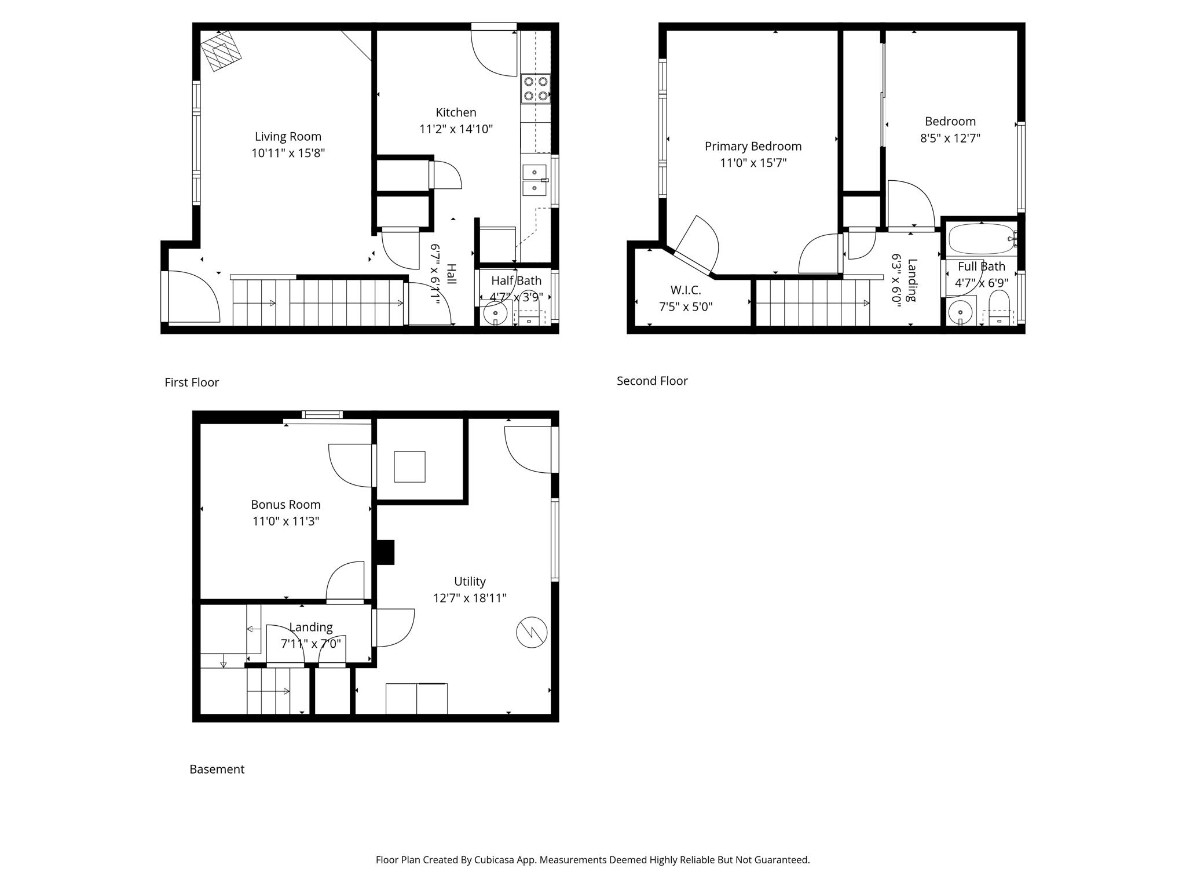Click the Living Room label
(288, 137)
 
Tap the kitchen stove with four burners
(535, 89)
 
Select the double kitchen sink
(535, 180)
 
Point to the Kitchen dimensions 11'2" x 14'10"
(456, 129)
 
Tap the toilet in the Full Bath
(999, 308)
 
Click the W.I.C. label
(686, 290)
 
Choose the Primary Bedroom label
(753, 147)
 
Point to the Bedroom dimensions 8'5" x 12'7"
(950, 138)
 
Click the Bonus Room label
(285, 505)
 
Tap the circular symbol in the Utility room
(532, 632)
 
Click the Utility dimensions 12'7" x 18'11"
(470, 597)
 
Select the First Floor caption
(192, 382)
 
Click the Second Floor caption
(652, 381)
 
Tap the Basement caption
(217, 769)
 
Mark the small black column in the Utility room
(386, 552)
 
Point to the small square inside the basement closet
(409, 466)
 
